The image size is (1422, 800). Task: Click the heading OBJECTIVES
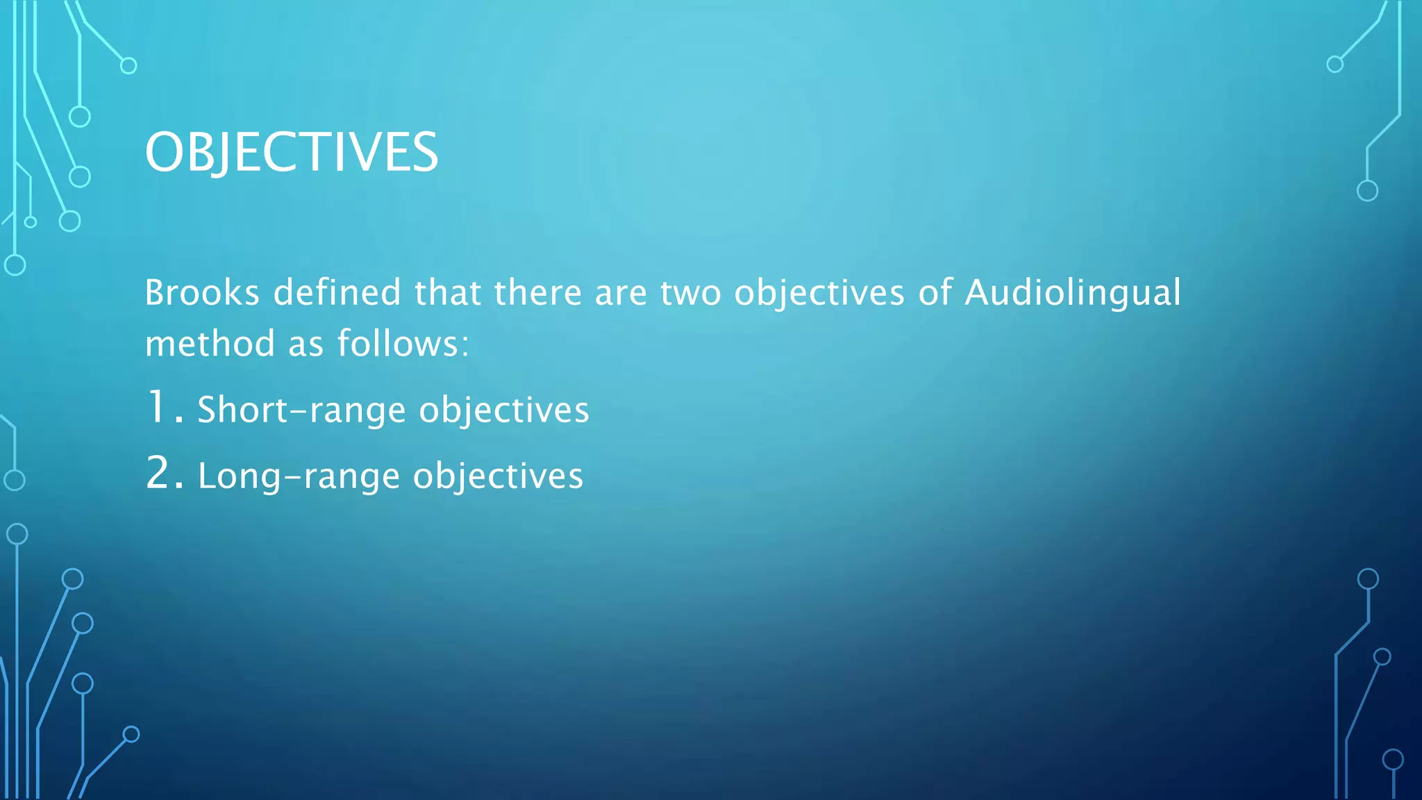(x=292, y=152)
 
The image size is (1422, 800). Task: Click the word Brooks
(x=202, y=292)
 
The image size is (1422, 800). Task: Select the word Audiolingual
(x=1073, y=292)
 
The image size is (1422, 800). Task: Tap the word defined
(x=337, y=292)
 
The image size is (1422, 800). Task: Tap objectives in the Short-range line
(x=504, y=410)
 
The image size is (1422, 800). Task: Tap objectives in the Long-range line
(x=498, y=476)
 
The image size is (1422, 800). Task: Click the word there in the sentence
(x=537, y=292)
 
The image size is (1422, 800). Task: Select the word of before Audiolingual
(x=935, y=292)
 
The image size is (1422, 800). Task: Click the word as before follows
(x=305, y=344)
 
